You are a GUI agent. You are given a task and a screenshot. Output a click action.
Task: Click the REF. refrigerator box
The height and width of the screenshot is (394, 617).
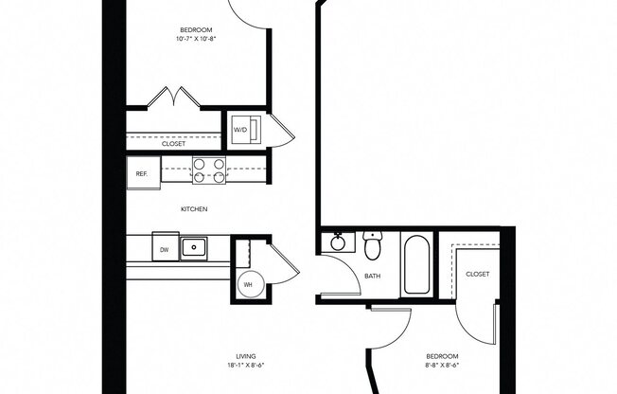tap(143, 173)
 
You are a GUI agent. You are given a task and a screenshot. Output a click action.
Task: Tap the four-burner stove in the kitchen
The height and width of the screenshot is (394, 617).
tap(209, 170)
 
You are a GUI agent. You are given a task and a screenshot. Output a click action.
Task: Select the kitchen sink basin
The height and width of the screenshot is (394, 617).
tap(196, 248)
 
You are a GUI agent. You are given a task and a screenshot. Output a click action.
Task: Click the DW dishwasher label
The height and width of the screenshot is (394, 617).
tap(164, 249)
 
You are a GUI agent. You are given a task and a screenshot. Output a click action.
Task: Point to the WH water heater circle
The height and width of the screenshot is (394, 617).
tap(248, 284)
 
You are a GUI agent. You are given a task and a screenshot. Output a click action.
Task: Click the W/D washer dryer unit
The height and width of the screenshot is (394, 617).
tap(240, 131)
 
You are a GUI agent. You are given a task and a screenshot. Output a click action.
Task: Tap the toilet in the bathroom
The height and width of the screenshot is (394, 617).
tap(374, 247)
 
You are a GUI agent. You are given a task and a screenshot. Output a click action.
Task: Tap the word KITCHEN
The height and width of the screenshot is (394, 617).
tap(195, 209)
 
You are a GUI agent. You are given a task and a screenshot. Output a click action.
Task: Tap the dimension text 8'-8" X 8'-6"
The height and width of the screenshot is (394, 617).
tap(441, 363)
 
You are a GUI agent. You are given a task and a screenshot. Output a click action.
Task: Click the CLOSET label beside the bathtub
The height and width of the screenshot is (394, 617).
tap(478, 274)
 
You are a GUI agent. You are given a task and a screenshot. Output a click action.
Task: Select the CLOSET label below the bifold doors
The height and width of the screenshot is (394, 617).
tap(173, 145)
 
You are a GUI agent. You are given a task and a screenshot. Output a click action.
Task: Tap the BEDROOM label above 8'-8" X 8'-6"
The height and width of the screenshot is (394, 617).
tap(441, 353)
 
